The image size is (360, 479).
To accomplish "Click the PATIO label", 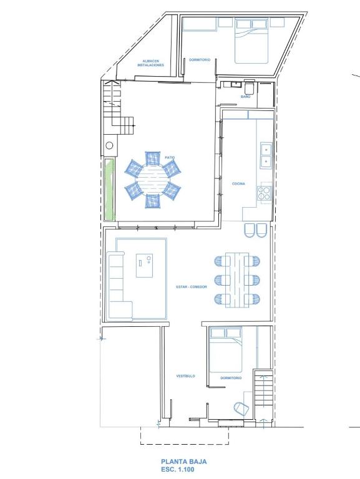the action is click(x=170, y=158).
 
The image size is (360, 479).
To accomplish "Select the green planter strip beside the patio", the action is click(x=109, y=190).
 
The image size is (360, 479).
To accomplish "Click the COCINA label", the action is click(x=238, y=183).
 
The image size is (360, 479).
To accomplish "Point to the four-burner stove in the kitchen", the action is click(x=265, y=193).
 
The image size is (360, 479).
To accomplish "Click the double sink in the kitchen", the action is click(x=266, y=155).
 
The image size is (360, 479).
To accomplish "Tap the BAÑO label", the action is click(x=245, y=97).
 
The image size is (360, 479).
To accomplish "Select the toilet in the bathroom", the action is click(x=249, y=87).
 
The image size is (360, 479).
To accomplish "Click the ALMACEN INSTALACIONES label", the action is click(x=150, y=63).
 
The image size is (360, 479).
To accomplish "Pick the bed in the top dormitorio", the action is click(x=251, y=41).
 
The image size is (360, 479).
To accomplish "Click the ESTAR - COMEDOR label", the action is click(x=192, y=287).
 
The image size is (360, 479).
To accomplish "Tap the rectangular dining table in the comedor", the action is click(x=237, y=280).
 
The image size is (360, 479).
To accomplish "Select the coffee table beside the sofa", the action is click(x=144, y=265).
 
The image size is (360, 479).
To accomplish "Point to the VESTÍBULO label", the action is click(x=185, y=376).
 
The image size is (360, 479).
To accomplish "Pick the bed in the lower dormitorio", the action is click(x=226, y=350).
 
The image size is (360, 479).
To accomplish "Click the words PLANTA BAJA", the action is click(x=184, y=462).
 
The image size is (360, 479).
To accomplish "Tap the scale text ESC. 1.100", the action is click(x=178, y=470).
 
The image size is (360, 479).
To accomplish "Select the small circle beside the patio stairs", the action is click(x=109, y=145).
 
